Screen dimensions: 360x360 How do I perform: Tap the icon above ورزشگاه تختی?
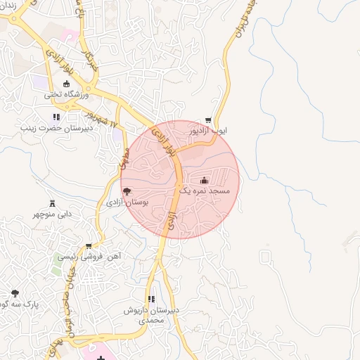pyautogui.click(x=67, y=84)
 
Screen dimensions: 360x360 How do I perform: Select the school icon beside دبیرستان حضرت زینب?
pyautogui.click(x=56, y=117)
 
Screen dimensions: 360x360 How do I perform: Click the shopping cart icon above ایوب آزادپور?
pyautogui.click(x=208, y=120)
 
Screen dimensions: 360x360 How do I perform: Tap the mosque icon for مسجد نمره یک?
pyautogui.click(x=205, y=180)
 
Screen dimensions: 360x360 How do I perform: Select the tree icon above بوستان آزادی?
pyautogui.click(x=127, y=191)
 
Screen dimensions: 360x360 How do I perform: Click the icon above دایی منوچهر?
pyautogui.click(x=51, y=202)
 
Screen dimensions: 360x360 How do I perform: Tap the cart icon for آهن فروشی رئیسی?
pyautogui.click(x=88, y=246)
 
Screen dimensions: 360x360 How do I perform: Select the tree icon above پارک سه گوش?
pyautogui.click(x=15, y=292)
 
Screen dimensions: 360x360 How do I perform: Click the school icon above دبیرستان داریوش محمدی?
pyautogui.click(x=152, y=299)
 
